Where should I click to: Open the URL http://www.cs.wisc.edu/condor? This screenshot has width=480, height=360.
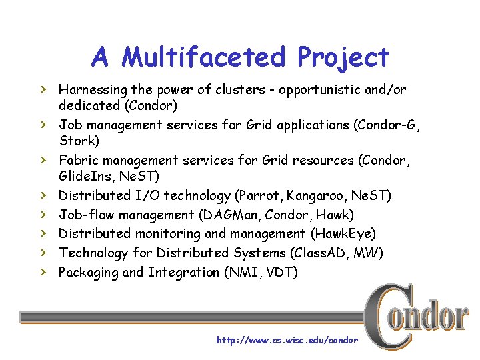click(287, 340)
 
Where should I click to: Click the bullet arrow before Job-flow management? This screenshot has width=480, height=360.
click(42, 214)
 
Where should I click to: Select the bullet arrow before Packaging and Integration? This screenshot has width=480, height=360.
click(42, 272)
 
